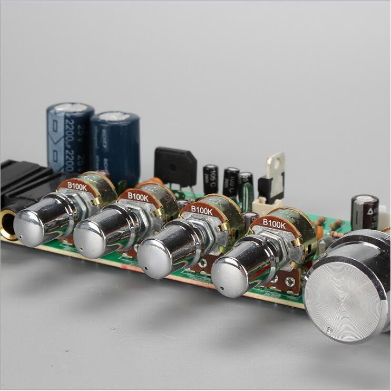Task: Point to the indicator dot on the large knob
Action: pos(329,330)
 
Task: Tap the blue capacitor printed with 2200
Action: pos(70,138)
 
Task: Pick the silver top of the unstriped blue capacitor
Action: pos(114,116)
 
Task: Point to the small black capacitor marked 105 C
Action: pos(210,180)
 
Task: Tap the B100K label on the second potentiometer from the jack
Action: pos(138,197)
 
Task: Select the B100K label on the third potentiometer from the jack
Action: pos(201,209)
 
